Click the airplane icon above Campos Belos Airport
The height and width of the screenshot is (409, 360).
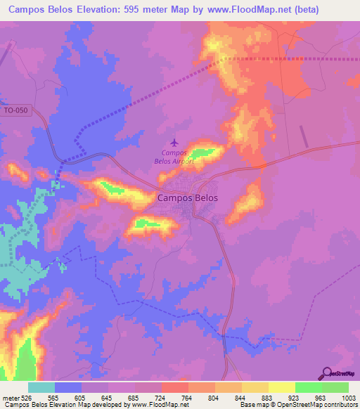point(174,143)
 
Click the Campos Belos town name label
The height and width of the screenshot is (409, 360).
point(187,198)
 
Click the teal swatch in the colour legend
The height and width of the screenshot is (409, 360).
point(41,387)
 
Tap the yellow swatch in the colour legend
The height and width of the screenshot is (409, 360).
point(281,387)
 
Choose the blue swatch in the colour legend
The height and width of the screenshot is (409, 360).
point(68,387)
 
